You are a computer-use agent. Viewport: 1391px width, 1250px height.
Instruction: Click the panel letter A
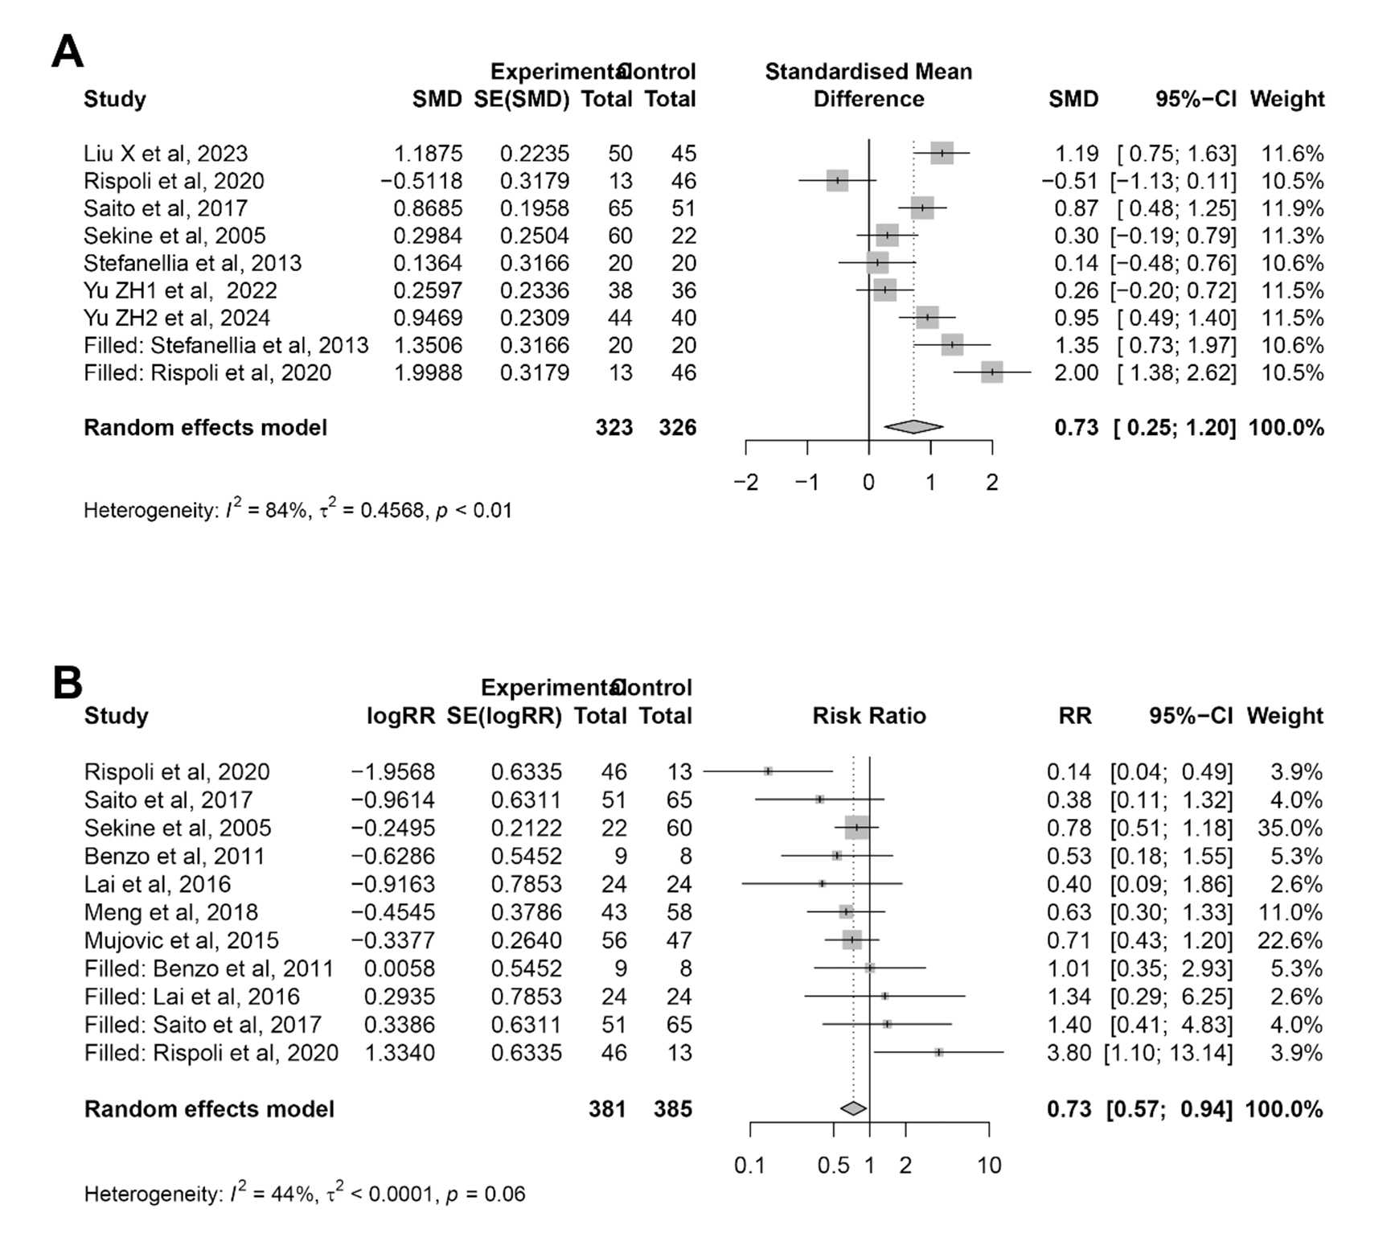pyautogui.click(x=68, y=52)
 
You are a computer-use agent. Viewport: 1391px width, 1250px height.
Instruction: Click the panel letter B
pyautogui.click(x=68, y=682)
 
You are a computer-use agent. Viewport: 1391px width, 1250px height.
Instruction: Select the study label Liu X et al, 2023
pyautogui.click(x=166, y=154)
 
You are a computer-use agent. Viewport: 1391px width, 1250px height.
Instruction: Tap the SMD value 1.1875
pyautogui.click(x=428, y=154)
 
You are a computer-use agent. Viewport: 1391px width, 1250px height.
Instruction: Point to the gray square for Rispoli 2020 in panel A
pyautogui.click(x=837, y=181)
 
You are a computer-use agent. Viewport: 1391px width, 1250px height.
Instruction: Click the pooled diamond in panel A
pyautogui.click(x=913, y=427)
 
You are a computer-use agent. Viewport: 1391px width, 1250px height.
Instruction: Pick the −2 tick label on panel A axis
pyautogui.click(x=745, y=483)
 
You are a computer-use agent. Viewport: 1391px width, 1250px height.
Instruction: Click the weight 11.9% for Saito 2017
pyautogui.click(x=1292, y=208)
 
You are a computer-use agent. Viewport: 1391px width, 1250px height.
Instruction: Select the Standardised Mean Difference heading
pyautogui.click(x=868, y=85)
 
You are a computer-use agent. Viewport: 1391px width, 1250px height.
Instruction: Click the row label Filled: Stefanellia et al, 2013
pyautogui.click(x=226, y=345)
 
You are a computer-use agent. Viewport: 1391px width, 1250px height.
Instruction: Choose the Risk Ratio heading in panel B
pyautogui.click(x=869, y=715)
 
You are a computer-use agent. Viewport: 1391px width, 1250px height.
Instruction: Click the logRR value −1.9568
pyautogui.click(x=392, y=771)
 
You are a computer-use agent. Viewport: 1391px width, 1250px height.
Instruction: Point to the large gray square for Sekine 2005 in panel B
pyautogui.click(x=857, y=828)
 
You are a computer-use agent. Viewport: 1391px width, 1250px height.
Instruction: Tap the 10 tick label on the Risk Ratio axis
pyautogui.click(x=989, y=1166)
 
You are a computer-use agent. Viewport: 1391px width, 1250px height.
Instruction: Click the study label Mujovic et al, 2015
pyautogui.click(x=182, y=940)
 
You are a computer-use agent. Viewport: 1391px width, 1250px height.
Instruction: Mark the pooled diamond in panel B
pyautogui.click(x=853, y=1108)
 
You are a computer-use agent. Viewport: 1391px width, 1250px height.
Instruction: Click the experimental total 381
pyautogui.click(x=607, y=1108)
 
